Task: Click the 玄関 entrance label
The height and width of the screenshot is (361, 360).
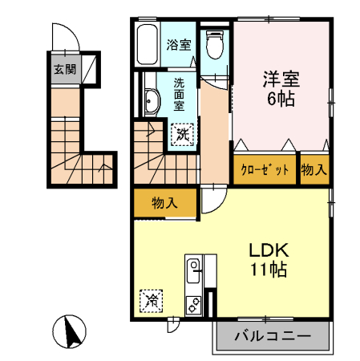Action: [x=65, y=70]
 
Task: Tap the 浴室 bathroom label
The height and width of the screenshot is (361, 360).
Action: [x=179, y=45]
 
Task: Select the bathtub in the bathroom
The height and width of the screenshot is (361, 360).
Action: [x=147, y=44]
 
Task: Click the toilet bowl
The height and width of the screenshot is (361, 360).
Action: [x=215, y=45]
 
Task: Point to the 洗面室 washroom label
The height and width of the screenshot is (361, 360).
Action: [x=179, y=95]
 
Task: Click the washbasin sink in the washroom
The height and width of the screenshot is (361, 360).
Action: [x=152, y=102]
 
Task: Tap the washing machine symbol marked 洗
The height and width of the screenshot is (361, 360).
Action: [x=182, y=135]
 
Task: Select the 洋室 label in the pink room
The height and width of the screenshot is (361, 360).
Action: [x=281, y=79]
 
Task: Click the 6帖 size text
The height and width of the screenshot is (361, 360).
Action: [x=281, y=99]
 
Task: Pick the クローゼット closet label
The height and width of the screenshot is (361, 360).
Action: [x=265, y=169]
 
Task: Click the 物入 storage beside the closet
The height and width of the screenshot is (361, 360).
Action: [x=314, y=169]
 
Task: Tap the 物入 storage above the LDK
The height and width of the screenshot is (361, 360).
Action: [x=164, y=203]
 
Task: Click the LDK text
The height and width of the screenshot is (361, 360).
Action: [x=269, y=250]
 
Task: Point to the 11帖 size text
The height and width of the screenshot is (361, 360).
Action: [x=269, y=270]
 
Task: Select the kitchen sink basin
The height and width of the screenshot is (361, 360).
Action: [x=193, y=270]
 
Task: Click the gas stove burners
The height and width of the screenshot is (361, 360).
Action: [x=193, y=305]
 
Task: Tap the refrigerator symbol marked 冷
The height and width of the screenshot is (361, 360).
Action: [x=152, y=301]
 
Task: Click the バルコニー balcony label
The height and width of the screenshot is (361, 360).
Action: [x=273, y=335]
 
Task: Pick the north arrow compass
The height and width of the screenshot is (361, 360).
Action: [x=69, y=331]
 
